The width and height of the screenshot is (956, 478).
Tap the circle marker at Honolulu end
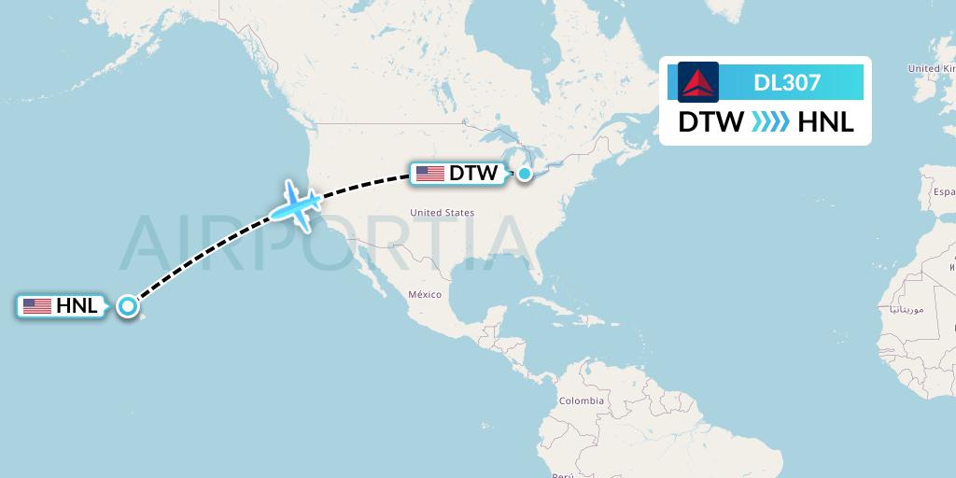click(128, 305)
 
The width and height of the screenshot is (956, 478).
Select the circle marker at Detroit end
click(526, 173)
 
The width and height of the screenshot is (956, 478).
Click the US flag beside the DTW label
click(430, 173)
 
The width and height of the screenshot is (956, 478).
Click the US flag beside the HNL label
click(37, 305)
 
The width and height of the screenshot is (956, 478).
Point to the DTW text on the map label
click(473, 173)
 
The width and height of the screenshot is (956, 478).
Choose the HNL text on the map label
click(77, 305)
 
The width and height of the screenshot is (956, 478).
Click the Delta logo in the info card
click(698, 82)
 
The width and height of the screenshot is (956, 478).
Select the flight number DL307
click(787, 82)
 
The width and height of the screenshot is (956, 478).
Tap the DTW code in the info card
click(710, 122)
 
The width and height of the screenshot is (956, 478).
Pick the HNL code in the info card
click(826, 122)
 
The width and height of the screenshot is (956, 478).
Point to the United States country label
click(443, 213)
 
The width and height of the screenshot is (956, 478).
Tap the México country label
click(424, 294)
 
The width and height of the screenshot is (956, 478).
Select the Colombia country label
click(583, 401)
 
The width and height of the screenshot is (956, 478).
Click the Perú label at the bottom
click(562, 474)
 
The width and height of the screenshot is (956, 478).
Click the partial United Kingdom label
click(931, 68)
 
